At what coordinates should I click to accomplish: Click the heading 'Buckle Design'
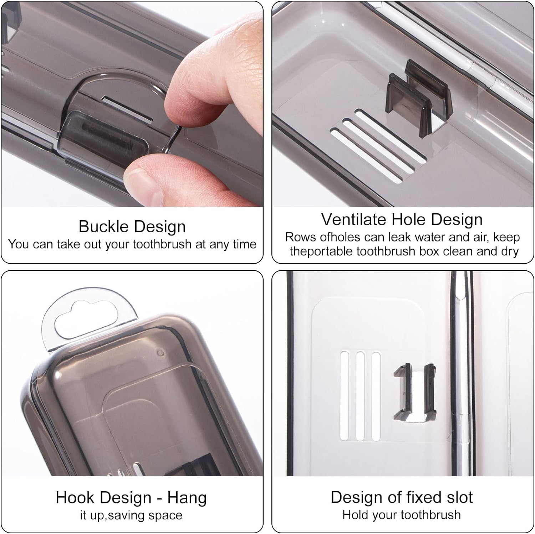tap(132, 227)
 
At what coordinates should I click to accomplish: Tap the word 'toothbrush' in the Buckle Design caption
tap(162, 244)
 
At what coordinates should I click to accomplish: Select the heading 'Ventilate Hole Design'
tap(402, 219)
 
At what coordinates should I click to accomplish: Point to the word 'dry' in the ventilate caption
tap(510, 252)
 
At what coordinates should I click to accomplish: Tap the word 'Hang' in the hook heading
tap(187, 498)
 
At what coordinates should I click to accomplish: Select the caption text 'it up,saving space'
tap(131, 515)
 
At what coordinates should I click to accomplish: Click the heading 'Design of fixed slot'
tap(402, 497)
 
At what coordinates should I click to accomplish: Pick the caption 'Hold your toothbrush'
tap(402, 515)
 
